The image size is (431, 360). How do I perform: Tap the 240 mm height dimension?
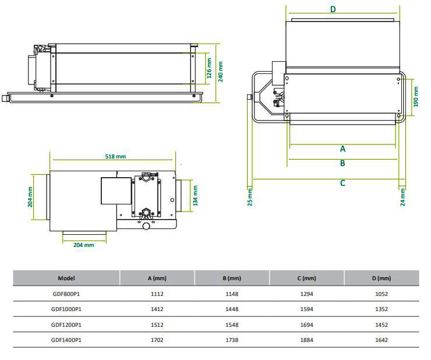[x=220, y=73]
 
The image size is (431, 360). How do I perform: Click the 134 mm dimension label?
[x=196, y=195]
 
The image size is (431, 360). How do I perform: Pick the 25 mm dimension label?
[x=250, y=197]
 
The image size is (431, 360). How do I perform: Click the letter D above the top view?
[x=333, y=9]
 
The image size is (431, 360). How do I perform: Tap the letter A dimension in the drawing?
[x=342, y=149]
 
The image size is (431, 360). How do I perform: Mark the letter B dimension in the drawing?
[x=342, y=163]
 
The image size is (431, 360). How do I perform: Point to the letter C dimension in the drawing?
[x=342, y=183]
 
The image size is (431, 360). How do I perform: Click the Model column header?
[x=66, y=278]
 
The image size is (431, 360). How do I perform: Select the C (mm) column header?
[x=307, y=278]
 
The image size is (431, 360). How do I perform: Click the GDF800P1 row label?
[x=66, y=294]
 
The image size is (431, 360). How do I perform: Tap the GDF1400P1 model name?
[x=66, y=340]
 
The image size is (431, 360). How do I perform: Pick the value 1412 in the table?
[x=157, y=309]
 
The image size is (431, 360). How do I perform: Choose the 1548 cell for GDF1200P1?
[x=232, y=324]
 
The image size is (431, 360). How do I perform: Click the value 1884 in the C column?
[x=307, y=340]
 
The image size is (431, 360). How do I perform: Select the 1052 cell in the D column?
[x=381, y=294]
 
